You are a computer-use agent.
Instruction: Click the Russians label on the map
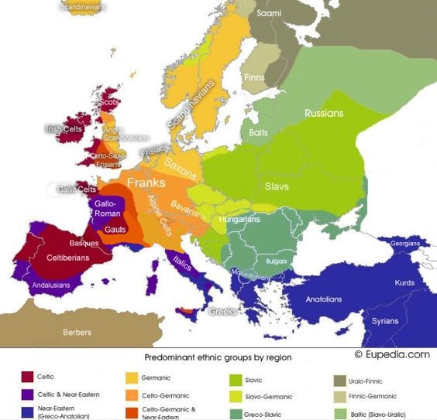click(324, 113)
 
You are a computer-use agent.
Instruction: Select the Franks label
click(146, 183)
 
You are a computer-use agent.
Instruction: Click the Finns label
click(254, 79)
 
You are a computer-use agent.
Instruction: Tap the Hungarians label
click(239, 220)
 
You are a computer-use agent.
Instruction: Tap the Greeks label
click(224, 312)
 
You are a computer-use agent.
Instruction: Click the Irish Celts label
click(64, 129)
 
